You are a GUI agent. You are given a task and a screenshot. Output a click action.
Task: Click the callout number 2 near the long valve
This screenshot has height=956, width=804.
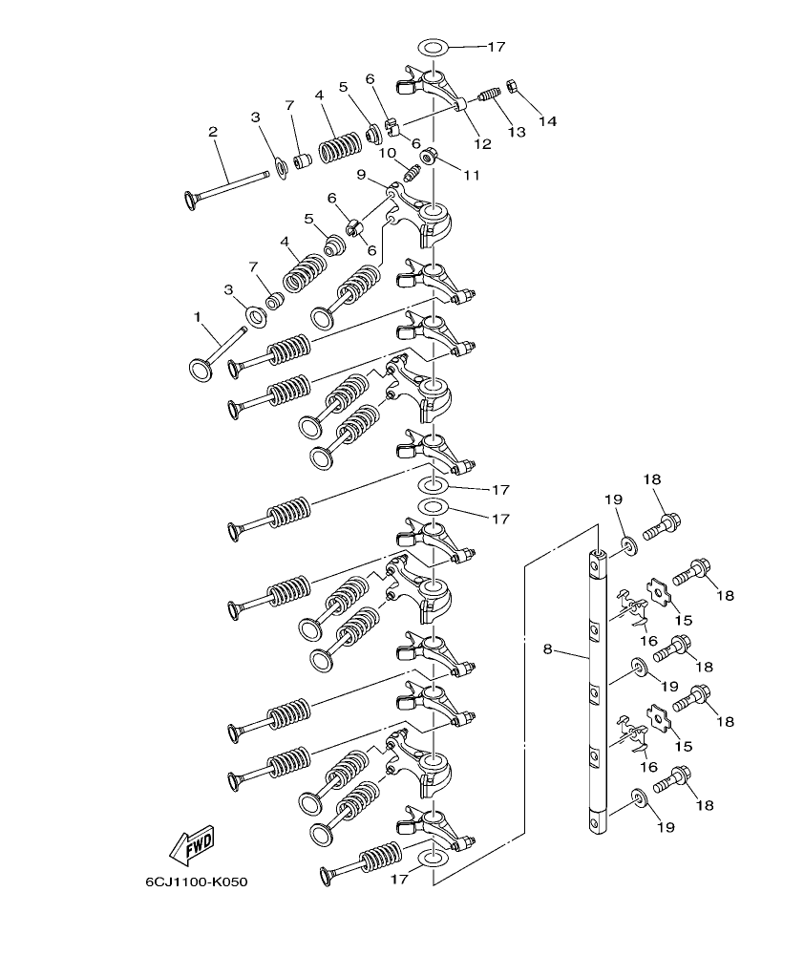[213, 132]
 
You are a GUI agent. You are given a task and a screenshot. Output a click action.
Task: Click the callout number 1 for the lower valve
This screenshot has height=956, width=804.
[198, 316]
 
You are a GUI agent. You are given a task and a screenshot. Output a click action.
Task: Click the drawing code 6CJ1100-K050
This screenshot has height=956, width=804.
[196, 882]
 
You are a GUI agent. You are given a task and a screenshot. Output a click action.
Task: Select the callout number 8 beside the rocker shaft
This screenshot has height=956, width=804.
[548, 648]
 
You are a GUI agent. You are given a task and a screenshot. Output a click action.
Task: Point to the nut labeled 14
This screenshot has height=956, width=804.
[511, 87]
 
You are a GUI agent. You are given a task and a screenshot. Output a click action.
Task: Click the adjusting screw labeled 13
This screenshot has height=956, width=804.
[488, 97]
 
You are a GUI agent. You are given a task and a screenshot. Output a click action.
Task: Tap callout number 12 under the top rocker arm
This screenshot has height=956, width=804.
[481, 144]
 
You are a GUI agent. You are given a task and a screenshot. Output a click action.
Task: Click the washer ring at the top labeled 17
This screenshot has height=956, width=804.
[433, 47]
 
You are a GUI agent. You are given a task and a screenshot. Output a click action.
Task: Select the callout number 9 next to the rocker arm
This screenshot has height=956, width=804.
[361, 174]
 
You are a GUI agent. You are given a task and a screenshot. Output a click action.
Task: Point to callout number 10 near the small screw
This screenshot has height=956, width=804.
[387, 153]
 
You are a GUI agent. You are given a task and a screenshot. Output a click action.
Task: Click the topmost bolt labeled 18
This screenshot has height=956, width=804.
[666, 523]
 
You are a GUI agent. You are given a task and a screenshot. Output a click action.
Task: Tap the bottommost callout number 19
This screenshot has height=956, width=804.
[666, 826]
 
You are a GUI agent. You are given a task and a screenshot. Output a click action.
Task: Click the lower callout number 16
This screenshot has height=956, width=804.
[649, 766]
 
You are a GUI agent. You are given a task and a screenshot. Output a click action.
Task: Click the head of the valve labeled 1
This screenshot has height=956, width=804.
[201, 370]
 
